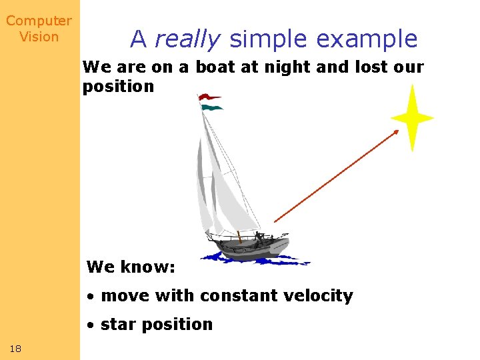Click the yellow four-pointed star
tap(412, 118)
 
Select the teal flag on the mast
tap(211, 107)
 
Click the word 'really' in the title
tap(187, 39)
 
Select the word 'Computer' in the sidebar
tap(39, 21)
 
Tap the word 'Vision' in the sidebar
tap(39, 37)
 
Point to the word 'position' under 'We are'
tap(118, 87)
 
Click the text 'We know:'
tap(131, 267)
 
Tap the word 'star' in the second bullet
tap(118, 325)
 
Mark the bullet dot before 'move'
tap(91, 296)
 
